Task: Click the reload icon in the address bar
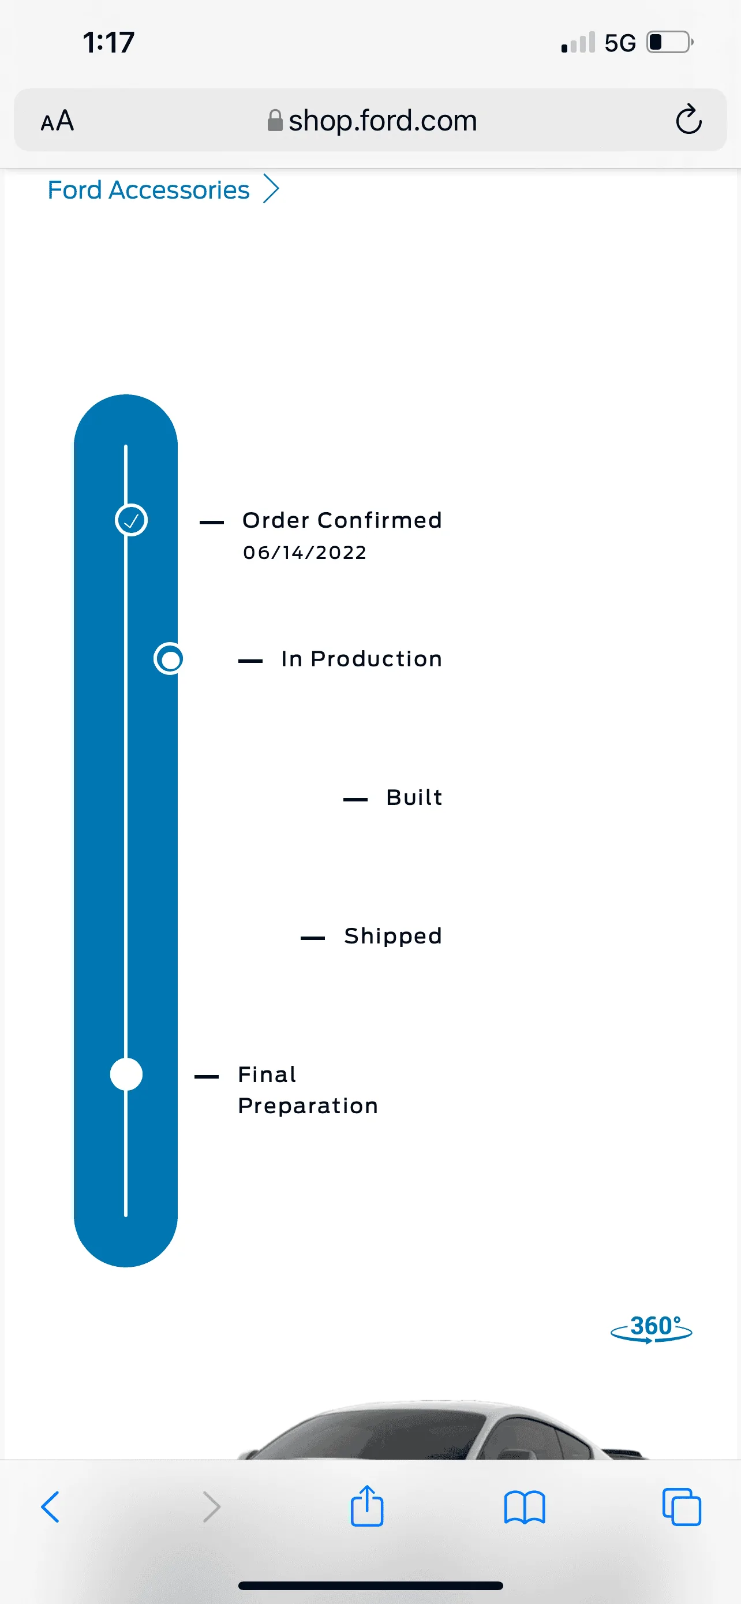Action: pyautogui.click(x=688, y=119)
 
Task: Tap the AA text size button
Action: pyautogui.click(x=57, y=120)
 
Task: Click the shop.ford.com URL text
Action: pyautogui.click(x=382, y=120)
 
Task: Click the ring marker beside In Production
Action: pyautogui.click(x=169, y=659)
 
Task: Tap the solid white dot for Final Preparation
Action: pyautogui.click(x=126, y=1075)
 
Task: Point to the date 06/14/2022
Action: pyautogui.click(x=304, y=553)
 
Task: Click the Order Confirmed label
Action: pyautogui.click(x=342, y=520)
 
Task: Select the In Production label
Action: pyautogui.click(x=361, y=659)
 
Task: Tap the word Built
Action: pyautogui.click(x=414, y=797)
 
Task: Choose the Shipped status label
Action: pyautogui.click(x=392, y=936)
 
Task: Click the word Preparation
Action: pyautogui.click(x=308, y=1106)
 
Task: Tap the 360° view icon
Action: pyautogui.click(x=652, y=1328)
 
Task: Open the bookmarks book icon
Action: pyautogui.click(x=525, y=1508)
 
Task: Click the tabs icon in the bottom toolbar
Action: pyautogui.click(x=682, y=1507)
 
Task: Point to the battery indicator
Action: pyautogui.click(x=670, y=42)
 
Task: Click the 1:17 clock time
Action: pyautogui.click(x=109, y=42)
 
